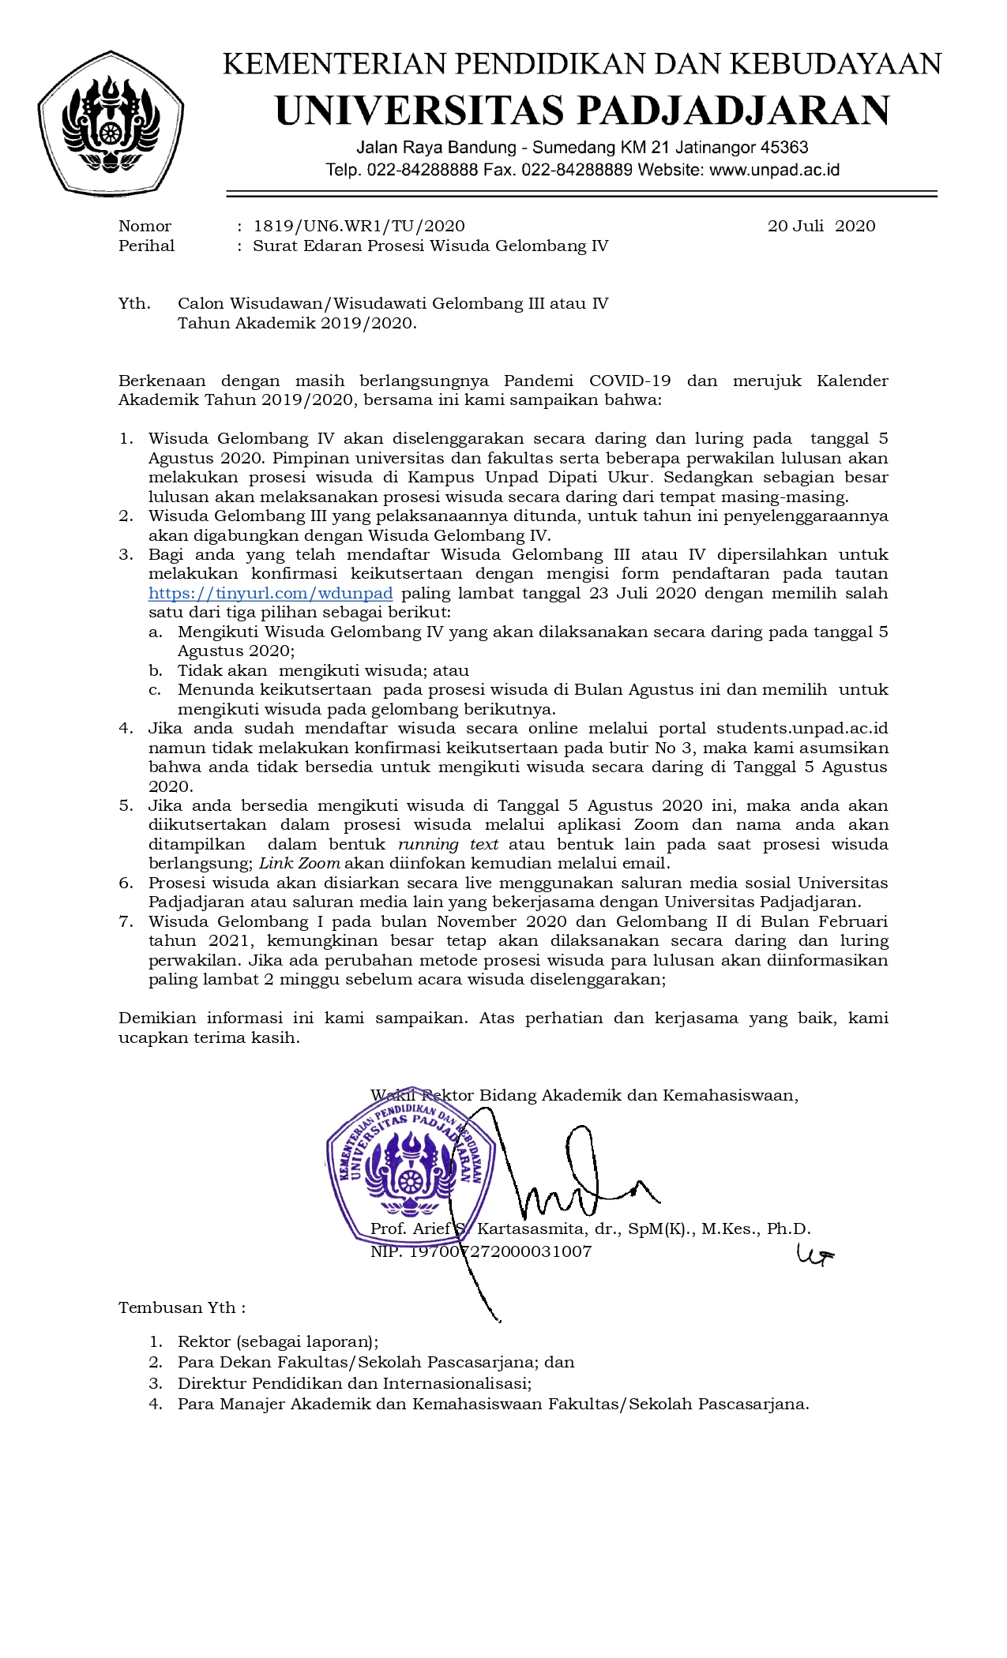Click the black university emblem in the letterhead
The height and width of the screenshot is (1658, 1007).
[111, 122]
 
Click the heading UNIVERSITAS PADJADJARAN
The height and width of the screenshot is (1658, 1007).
[582, 110]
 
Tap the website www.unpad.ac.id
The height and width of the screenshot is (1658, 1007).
[774, 170]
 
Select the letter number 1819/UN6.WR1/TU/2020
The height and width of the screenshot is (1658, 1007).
[359, 227]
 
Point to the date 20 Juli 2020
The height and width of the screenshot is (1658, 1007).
[821, 227]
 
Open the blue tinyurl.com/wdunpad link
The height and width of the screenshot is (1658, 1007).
[270, 594]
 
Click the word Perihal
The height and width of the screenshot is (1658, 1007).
[146, 246]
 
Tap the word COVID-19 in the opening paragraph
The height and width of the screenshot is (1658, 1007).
[629, 381]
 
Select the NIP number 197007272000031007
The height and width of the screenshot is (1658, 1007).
[500, 1251]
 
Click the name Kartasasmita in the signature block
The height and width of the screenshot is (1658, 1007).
[531, 1229]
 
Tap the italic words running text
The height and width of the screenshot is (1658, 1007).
[448, 844]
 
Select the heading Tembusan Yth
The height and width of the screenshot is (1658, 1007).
[181, 1308]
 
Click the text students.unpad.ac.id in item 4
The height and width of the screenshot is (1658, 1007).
[802, 729]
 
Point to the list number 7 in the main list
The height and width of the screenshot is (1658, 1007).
[126, 921]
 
